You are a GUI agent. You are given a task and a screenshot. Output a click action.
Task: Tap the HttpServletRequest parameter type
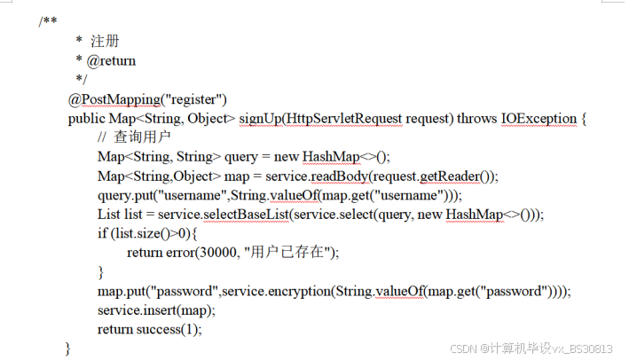pos(340,118)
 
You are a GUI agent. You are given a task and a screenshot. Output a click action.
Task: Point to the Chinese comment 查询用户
pos(141,137)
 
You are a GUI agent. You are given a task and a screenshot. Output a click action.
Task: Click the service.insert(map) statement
pos(156,310)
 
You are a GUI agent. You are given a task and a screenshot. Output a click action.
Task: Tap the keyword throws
pos(476,118)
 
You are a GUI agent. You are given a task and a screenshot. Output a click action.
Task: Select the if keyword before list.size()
pos(102,233)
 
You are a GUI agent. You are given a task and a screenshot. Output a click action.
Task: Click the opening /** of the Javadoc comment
pos(48,21)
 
